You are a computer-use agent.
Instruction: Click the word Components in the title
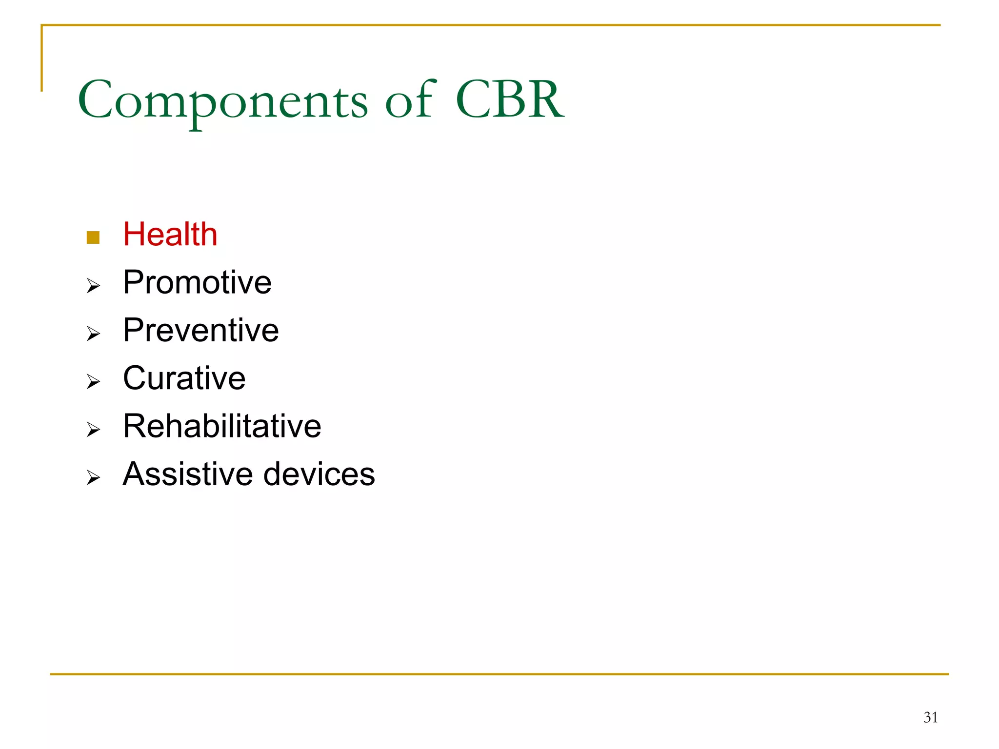pyautogui.click(x=222, y=100)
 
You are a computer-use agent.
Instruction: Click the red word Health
pyautogui.click(x=170, y=235)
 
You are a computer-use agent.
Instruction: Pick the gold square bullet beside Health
pyautogui.click(x=93, y=237)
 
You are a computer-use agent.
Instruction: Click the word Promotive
pyautogui.click(x=197, y=282)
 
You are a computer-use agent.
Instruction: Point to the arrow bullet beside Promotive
pyautogui.click(x=93, y=286)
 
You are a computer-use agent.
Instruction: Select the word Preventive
pyautogui.click(x=200, y=330)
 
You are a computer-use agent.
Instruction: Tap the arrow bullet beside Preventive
pyautogui.click(x=93, y=334)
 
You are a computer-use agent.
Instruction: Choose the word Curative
pyautogui.click(x=184, y=378)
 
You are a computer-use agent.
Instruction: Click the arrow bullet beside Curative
pyautogui.click(x=93, y=382)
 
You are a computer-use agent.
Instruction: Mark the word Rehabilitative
pyautogui.click(x=222, y=426)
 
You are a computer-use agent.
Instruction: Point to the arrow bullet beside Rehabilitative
pyautogui.click(x=93, y=430)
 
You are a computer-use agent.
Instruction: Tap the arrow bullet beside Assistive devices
pyautogui.click(x=93, y=477)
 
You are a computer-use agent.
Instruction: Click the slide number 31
pyautogui.click(x=930, y=717)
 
